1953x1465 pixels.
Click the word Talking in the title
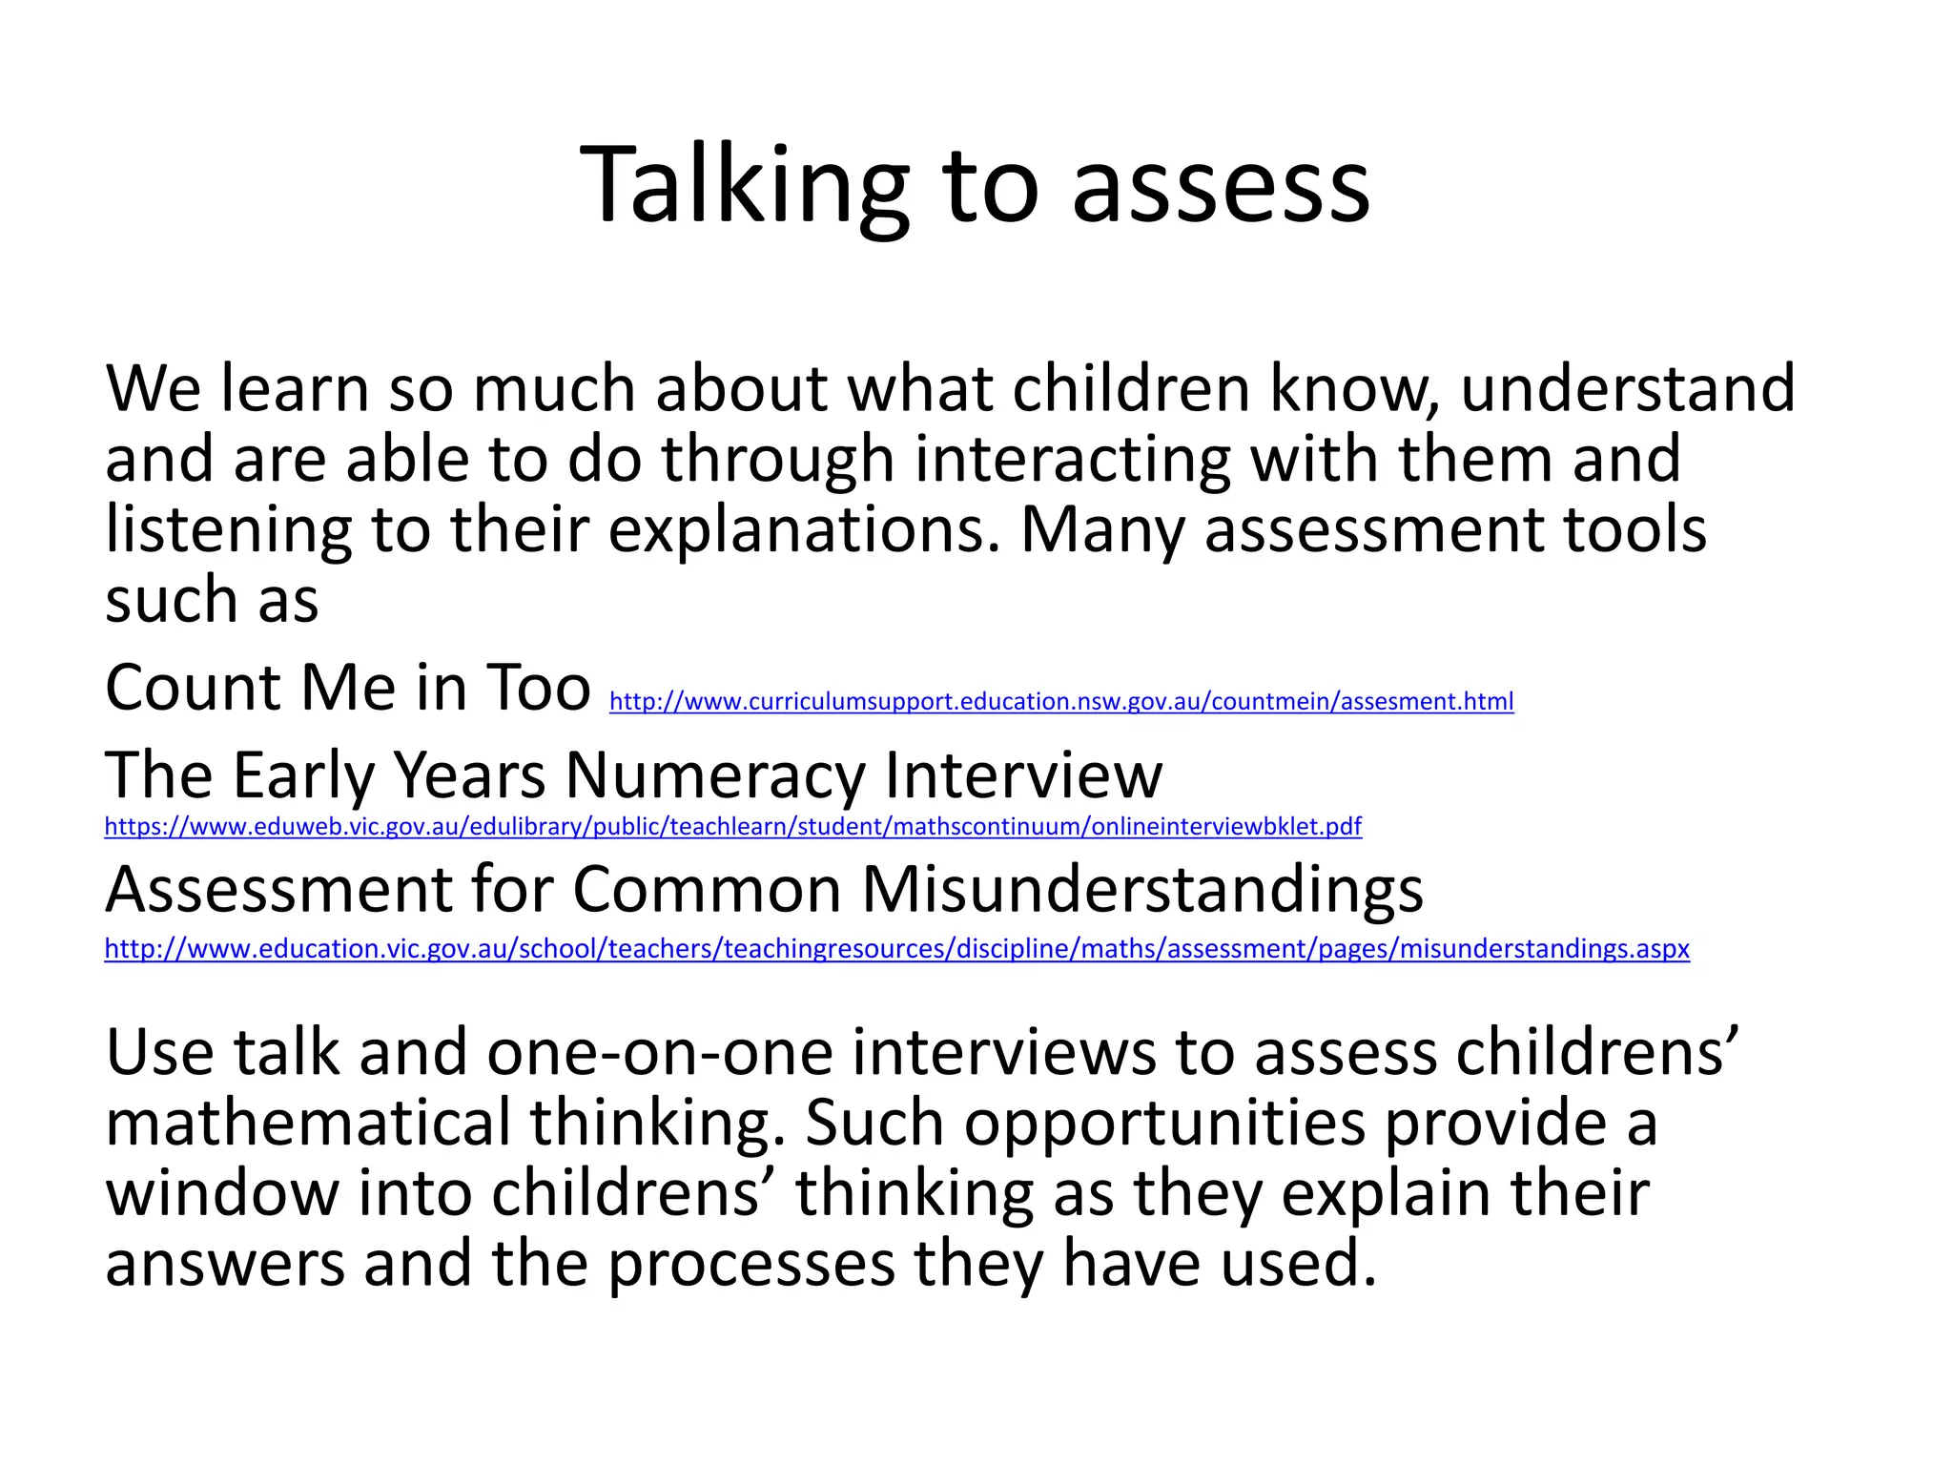[744, 186]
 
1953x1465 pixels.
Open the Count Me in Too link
[1060, 702]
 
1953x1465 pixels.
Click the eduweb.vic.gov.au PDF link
[732, 826]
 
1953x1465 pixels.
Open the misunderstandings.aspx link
[896, 949]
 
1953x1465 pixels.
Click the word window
[221, 1194]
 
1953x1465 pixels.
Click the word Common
[707, 890]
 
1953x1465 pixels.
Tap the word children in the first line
[1130, 389]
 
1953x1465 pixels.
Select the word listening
[228, 530]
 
